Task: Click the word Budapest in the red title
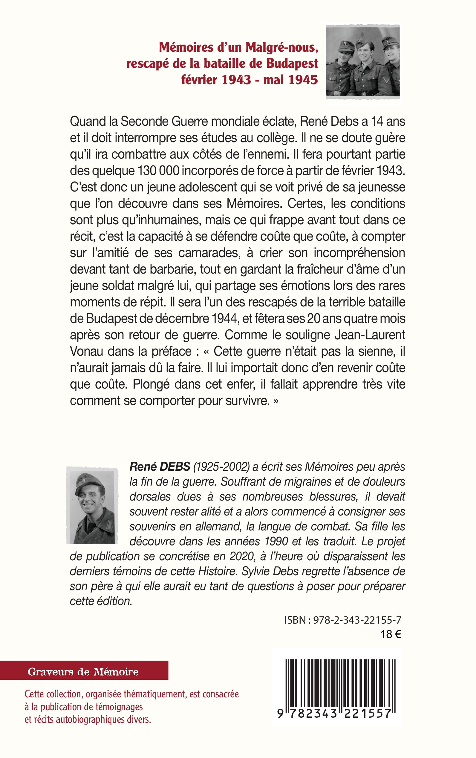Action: (x=292, y=64)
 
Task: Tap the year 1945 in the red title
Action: (x=302, y=80)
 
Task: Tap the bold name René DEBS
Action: (x=160, y=467)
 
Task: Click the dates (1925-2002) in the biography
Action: (x=221, y=467)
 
